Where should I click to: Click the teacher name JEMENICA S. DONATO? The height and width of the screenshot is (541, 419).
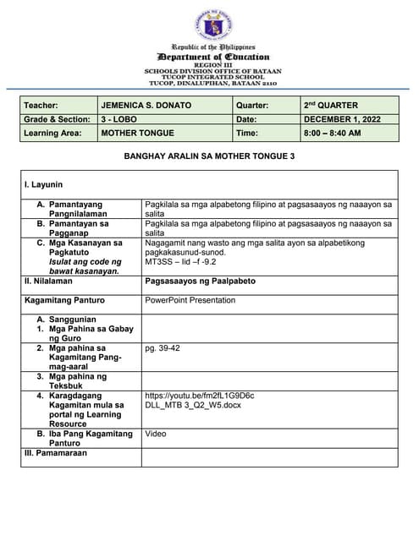pyautogui.click(x=146, y=106)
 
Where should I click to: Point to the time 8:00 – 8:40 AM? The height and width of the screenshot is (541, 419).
pyautogui.click(x=333, y=134)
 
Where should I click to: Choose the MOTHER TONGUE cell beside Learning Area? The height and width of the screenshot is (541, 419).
pyautogui.click(x=137, y=134)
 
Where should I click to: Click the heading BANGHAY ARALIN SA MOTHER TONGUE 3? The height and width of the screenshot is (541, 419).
pyautogui.click(x=209, y=156)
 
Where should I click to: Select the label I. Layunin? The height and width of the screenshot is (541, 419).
pyautogui.click(x=48, y=183)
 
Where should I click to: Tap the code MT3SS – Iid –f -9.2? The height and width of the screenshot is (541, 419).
pyautogui.click(x=181, y=262)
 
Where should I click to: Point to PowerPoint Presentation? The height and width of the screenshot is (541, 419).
pyautogui.click(x=190, y=299)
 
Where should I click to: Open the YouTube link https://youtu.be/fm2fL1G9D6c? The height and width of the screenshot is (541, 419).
pyautogui.click(x=200, y=395)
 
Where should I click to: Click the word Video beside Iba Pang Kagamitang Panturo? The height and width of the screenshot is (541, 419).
pyautogui.click(x=156, y=434)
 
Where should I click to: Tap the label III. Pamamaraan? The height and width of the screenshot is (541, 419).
pyautogui.click(x=57, y=453)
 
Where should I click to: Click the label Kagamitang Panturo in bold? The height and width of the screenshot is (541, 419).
pyautogui.click(x=64, y=299)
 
